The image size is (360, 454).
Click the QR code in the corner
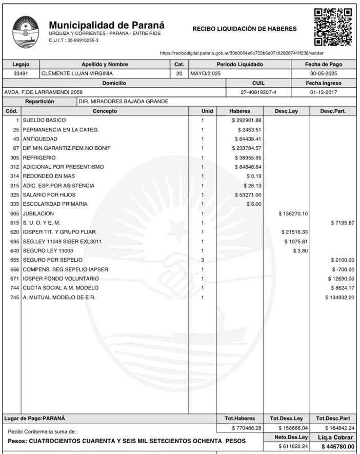(333, 27)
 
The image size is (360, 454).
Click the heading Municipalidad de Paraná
(107, 25)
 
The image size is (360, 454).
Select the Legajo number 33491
(21, 73)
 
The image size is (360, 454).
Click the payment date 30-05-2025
(324, 73)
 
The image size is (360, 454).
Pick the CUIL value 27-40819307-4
(258, 92)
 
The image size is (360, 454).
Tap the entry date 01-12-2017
(324, 92)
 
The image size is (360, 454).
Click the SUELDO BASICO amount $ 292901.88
(246, 120)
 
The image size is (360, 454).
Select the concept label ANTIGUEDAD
(40, 139)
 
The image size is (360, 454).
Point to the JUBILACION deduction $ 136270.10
(293, 213)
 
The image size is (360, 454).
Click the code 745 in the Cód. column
(14, 297)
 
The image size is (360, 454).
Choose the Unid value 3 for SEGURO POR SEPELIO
(203, 260)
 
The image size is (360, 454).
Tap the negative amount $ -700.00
(343, 269)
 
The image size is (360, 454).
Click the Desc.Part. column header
(333, 111)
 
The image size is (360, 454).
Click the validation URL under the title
(242, 53)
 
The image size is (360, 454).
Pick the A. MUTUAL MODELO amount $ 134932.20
(339, 297)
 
